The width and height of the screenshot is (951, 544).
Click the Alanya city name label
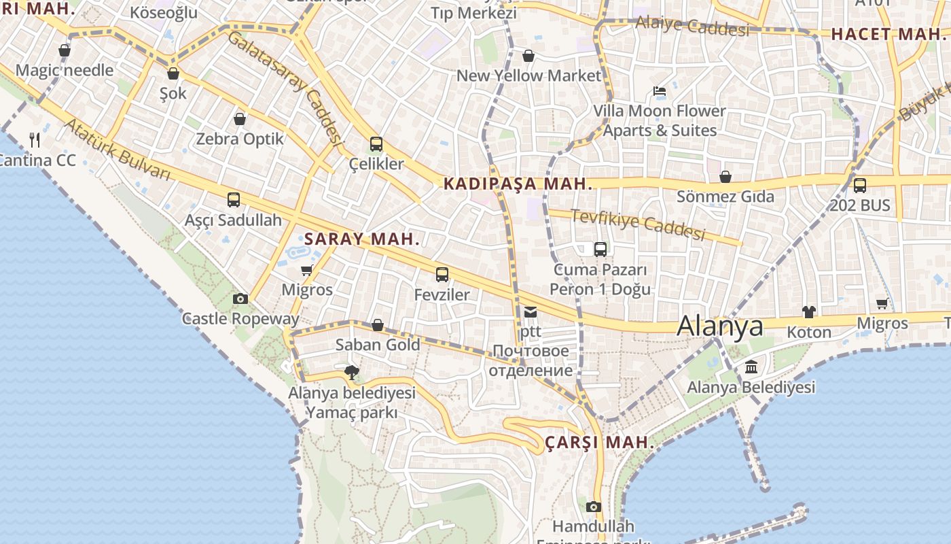click(x=720, y=326)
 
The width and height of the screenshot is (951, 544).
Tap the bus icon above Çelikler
click(x=376, y=144)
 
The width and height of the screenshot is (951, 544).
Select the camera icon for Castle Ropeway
click(x=240, y=299)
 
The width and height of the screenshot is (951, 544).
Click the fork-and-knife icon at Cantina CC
click(x=35, y=140)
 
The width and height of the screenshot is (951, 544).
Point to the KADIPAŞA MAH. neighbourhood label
click(x=518, y=184)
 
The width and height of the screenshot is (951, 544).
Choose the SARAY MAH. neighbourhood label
click(x=361, y=239)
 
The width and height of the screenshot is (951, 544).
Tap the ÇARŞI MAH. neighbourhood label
click(x=600, y=443)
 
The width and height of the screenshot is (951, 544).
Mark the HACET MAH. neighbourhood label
click(x=890, y=34)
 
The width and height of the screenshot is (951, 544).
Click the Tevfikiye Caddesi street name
click(x=638, y=224)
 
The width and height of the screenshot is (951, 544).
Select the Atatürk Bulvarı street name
click(x=117, y=149)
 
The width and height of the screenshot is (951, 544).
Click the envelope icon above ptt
click(x=530, y=312)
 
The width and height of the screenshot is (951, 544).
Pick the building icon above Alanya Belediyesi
click(x=751, y=367)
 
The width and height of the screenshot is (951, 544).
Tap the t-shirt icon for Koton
click(x=808, y=312)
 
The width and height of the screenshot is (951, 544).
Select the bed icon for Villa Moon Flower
click(x=659, y=91)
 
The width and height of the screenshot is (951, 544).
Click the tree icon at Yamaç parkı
click(x=351, y=372)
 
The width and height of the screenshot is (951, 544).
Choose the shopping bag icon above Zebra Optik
click(x=239, y=119)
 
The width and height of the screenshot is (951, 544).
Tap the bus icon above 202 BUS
click(x=860, y=185)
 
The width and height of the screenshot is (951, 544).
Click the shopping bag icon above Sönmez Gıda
click(x=725, y=177)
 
